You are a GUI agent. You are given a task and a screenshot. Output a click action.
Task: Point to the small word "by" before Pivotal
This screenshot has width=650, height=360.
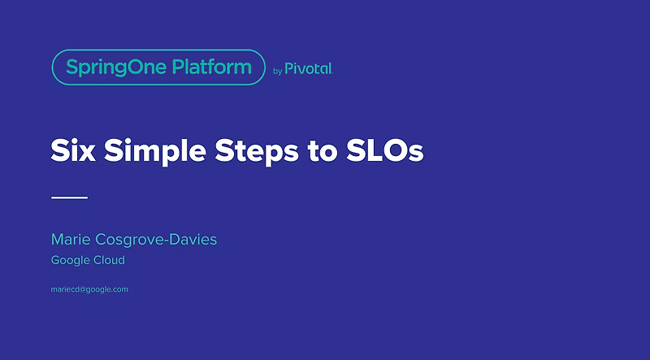pyautogui.click(x=277, y=71)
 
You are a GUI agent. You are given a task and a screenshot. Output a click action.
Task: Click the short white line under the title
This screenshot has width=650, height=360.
pyautogui.click(x=69, y=197)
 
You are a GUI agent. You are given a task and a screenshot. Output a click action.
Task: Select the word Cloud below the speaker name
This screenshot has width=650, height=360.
pyautogui.click(x=109, y=260)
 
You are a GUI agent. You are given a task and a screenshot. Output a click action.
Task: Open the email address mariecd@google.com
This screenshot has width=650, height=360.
pyautogui.click(x=89, y=289)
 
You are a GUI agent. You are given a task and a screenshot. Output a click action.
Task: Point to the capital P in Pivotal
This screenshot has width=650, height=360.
pyautogui.click(x=289, y=70)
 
